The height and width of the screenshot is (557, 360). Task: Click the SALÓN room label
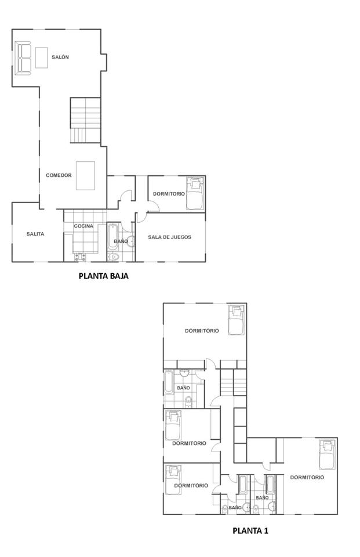pyautogui.click(x=60, y=57)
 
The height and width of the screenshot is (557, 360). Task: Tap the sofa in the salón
pyautogui.click(x=24, y=57)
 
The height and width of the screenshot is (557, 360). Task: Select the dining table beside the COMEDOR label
pyautogui.click(x=85, y=176)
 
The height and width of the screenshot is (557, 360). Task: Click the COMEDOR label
pyautogui.click(x=59, y=175)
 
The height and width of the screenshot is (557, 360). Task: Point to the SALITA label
pyautogui.click(x=35, y=234)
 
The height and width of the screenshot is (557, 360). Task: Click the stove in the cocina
pyautogui.click(x=79, y=256)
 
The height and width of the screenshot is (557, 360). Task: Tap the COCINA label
pyautogui.click(x=83, y=226)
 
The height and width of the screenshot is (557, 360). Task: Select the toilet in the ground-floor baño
pyautogui.click(x=114, y=256)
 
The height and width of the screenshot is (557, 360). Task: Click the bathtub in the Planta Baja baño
pyautogui.click(x=112, y=237)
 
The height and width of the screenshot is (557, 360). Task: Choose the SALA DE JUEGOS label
pyautogui.click(x=169, y=237)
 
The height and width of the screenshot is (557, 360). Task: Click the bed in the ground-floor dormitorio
pyautogui.click(x=195, y=193)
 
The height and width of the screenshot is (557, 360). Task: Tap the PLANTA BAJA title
pyautogui.click(x=103, y=276)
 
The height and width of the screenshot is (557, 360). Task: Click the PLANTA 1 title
pyautogui.click(x=250, y=530)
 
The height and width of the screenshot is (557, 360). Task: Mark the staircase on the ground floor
pyautogui.click(x=85, y=120)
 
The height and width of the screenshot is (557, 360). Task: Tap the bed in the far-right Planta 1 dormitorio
pyautogui.click(x=328, y=455)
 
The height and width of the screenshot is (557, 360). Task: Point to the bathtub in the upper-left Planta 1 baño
pyautogui.click(x=169, y=382)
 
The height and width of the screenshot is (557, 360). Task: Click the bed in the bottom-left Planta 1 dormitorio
pyautogui.click(x=173, y=479)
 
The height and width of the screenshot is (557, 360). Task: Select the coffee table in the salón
pyautogui.click(x=42, y=57)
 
